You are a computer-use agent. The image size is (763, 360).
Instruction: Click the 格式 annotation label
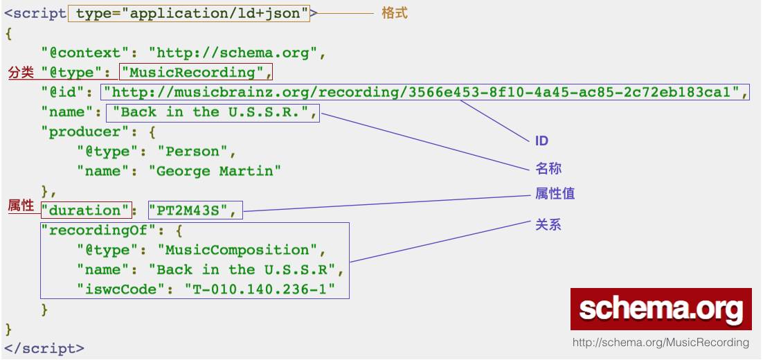tap(395, 12)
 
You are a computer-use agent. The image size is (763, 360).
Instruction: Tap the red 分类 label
tap(21, 71)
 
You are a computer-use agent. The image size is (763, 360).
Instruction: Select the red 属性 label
tap(21, 206)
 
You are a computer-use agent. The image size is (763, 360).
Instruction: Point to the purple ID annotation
tap(541, 141)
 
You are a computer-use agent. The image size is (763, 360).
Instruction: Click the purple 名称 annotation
tap(548, 168)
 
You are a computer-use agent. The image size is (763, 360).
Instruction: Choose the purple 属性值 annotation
tap(555, 194)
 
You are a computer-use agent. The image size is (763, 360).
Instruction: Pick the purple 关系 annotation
tap(548, 224)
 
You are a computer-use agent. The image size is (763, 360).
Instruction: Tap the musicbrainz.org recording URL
tap(425, 91)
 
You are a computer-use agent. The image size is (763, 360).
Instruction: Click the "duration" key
tap(85, 211)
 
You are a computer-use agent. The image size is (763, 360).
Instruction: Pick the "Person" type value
tap(197, 151)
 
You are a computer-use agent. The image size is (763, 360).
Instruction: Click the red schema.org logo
tap(661, 309)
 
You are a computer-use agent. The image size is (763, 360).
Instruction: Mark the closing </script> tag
tap(44, 348)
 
